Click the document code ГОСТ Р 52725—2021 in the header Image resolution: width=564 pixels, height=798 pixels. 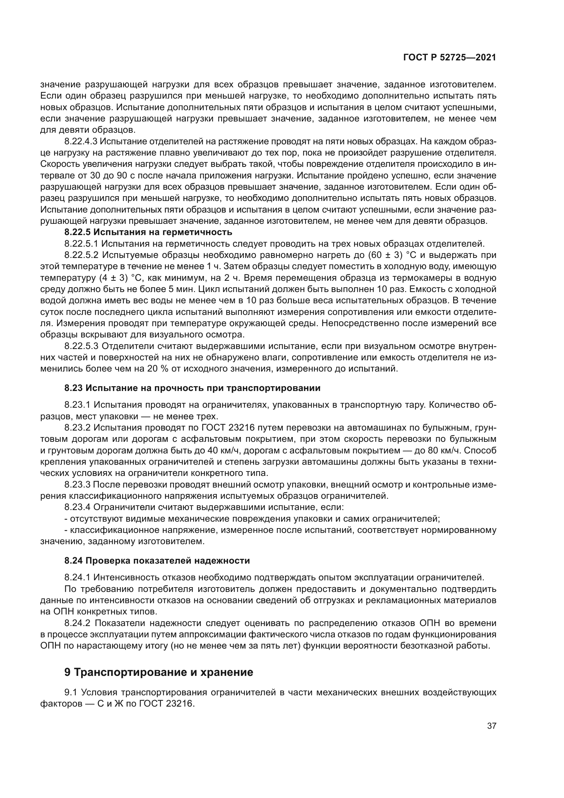pyautogui.click(x=449, y=57)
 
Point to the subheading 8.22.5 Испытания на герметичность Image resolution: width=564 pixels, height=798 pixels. pyautogui.click(x=148, y=232)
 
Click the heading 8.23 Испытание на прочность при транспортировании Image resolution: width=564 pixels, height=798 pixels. pyautogui.click(x=192, y=388)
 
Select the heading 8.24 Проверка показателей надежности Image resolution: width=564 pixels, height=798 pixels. pyautogui.click(x=157, y=561)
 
